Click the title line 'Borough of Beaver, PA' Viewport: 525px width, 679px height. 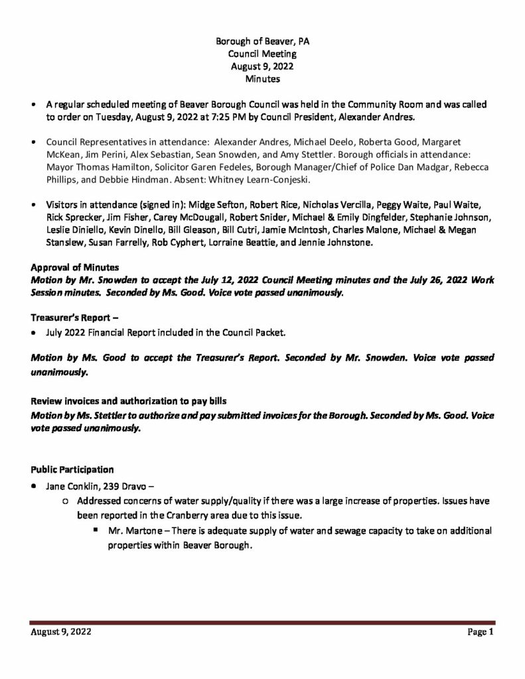[262, 41]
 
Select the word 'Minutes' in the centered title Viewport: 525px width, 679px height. [262, 79]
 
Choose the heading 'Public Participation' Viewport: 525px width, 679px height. [72, 469]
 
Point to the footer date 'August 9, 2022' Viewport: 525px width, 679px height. [61, 632]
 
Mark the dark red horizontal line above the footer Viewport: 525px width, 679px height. [262, 622]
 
